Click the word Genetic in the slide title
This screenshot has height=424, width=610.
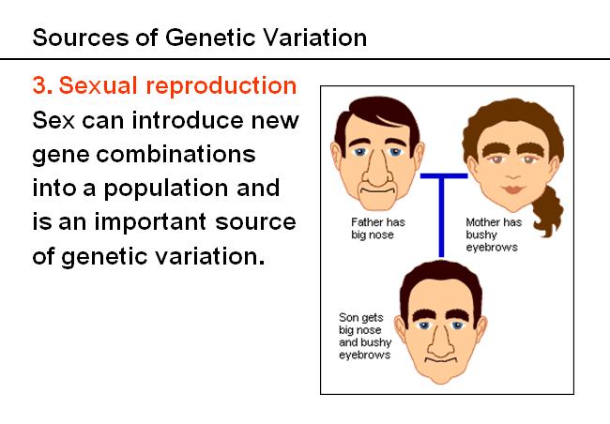click(210, 38)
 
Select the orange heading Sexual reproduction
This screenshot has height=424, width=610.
click(177, 85)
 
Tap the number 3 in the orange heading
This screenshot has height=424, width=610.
click(41, 85)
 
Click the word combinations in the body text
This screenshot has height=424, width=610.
click(175, 154)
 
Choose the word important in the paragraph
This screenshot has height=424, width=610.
click(150, 223)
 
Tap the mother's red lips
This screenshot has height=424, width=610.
click(513, 189)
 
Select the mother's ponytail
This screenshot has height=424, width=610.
click(548, 211)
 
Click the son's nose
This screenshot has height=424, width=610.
click(441, 341)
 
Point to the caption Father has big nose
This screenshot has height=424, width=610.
click(378, 228)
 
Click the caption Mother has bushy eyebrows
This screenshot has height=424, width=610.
click(494, 235)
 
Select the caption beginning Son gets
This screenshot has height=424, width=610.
click(365, 336)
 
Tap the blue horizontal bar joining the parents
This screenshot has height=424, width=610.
click(444, 175)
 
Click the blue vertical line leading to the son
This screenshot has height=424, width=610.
click(441, 217)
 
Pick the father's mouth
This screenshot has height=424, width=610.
click(376, 190)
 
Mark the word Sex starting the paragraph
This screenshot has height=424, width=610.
click(53, 120)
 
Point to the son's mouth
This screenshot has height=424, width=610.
click(441, 360)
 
